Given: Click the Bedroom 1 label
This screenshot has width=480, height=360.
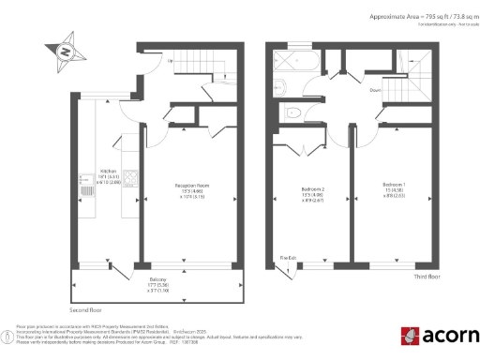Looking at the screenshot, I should [x=395, y=187].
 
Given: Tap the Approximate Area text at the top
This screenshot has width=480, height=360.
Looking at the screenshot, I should [x=416, y=18].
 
